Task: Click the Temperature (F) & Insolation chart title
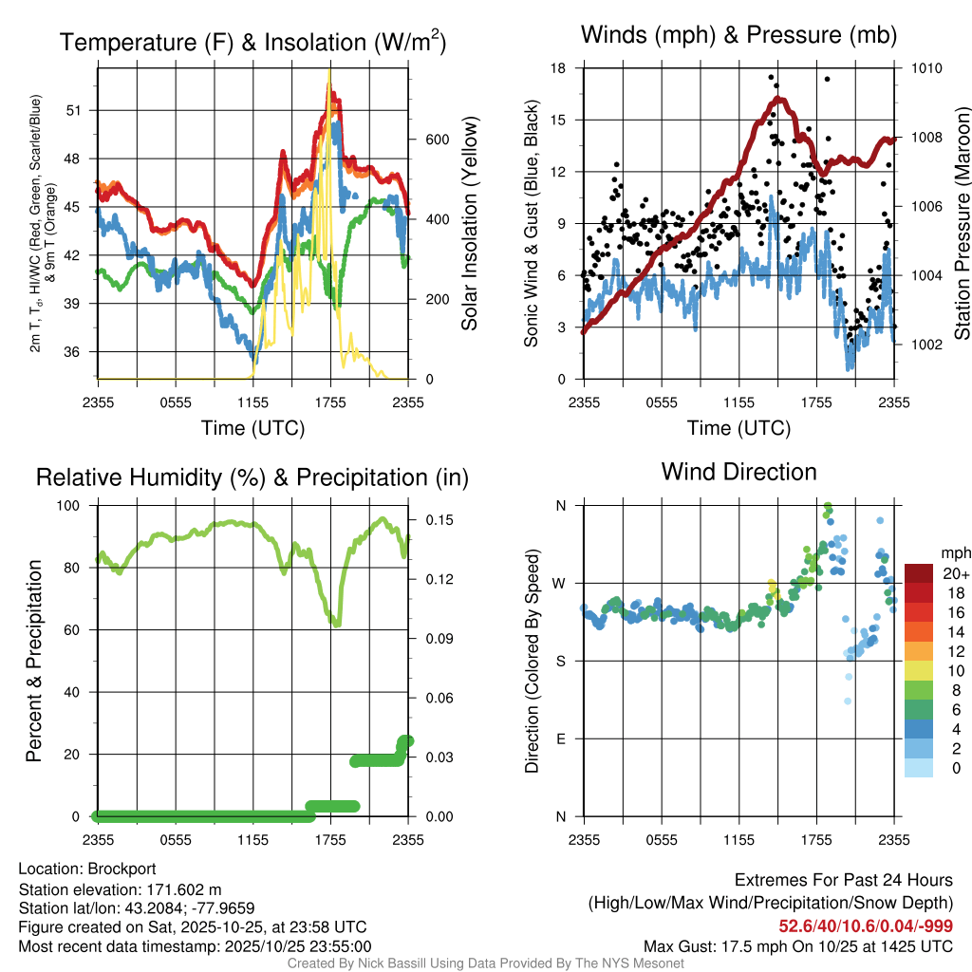coord(252,43)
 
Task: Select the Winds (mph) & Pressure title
coord(738,36)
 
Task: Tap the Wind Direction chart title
coord(738,472)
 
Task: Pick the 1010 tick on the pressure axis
coord(925,68)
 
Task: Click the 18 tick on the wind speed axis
coord(559,68)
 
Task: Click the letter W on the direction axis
coord(561,583)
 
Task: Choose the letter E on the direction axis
coord(561,738)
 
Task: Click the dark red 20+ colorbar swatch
coord(919,573)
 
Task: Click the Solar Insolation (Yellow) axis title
coord(469,223)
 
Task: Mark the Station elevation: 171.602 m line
coord(120,889)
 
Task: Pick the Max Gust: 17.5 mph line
coord(798,945)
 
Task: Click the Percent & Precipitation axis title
coord(33,660)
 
